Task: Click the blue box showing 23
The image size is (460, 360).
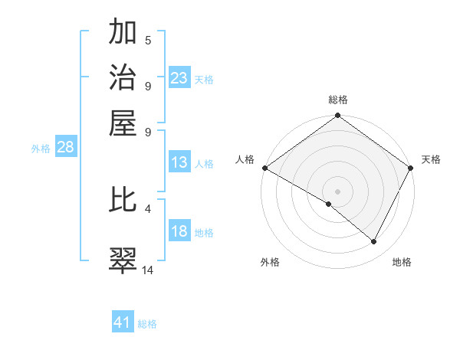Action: pos(179,78)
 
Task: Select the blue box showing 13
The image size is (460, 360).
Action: pos(179,163)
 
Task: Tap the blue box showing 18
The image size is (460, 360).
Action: pos(179,231)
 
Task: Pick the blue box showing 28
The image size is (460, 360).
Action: pos(65,148)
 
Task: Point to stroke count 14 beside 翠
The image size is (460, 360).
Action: pos(148,270)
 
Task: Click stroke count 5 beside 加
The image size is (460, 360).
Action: pos(148,41)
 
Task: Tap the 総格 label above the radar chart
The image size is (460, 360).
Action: pos(338,100)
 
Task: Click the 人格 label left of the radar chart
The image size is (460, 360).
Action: pos(245,159)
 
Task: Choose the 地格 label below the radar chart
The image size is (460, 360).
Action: pos(402,262)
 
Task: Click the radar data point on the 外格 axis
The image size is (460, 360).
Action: pos(329,204)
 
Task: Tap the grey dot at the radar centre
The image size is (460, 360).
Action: pos(338,191)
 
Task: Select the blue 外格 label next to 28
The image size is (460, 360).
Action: pos(41,149)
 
